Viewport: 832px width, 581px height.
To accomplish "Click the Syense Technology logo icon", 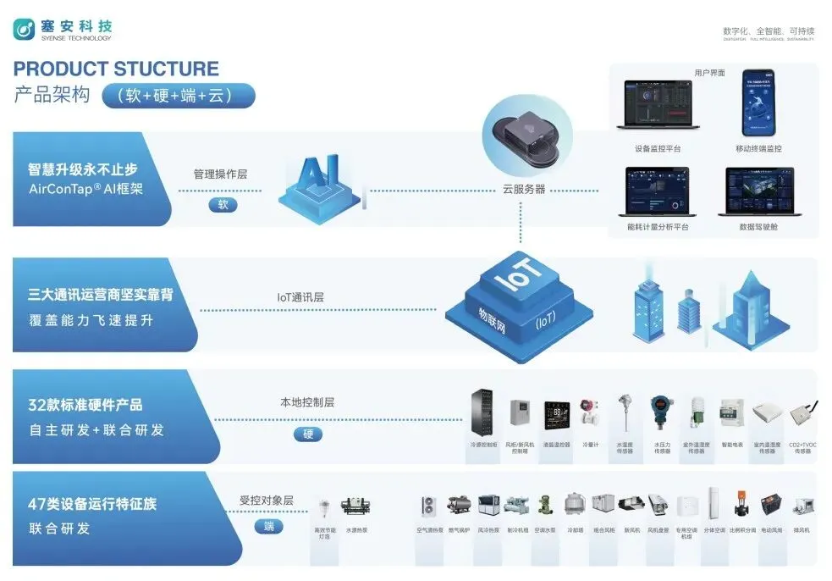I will [24, 30].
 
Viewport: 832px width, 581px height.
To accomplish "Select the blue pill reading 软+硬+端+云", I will [179, 96].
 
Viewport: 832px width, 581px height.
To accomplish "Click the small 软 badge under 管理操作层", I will [223, 204].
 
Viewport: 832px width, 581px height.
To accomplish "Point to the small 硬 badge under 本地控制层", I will [308, 434].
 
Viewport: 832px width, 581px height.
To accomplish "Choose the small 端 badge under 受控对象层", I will [268, 527].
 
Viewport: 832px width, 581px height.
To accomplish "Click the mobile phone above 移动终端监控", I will [759, 102].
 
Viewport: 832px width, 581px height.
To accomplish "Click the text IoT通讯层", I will [300, 297].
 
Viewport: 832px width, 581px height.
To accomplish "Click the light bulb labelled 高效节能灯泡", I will [324, 509].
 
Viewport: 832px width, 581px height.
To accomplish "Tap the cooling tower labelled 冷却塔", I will [575, 506].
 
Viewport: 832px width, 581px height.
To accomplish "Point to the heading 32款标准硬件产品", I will [85, 405].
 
